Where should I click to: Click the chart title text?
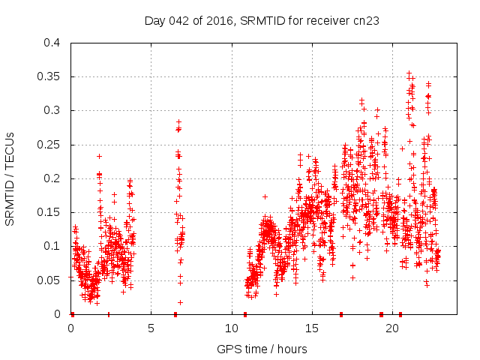261,21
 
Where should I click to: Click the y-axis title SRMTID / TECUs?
10,178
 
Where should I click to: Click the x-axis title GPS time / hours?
261,349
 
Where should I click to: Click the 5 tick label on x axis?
151,328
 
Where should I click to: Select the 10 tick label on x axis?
232,328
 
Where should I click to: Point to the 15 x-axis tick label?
312,328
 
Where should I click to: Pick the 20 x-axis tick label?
392,328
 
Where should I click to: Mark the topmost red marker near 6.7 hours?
178,121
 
